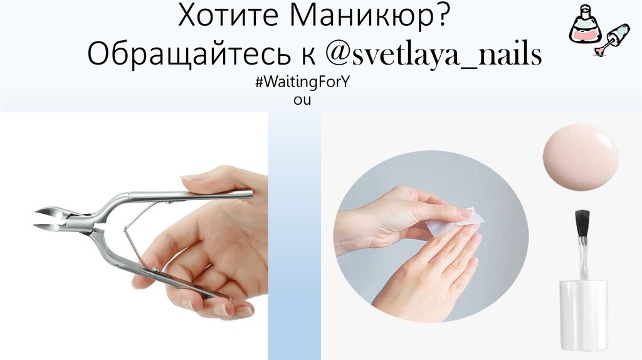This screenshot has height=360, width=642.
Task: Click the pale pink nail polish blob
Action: [581, 157]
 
